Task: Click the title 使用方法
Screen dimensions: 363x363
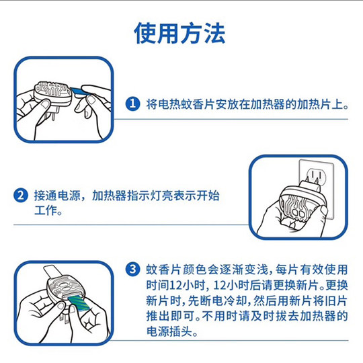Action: point(181,31)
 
